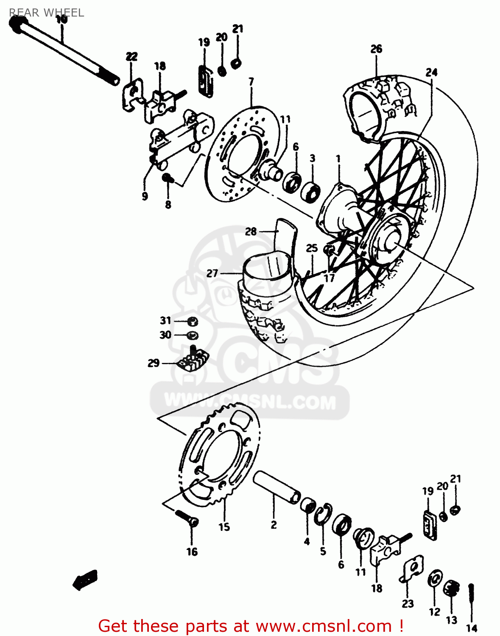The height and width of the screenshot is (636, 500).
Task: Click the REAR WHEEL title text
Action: tap(47, 13)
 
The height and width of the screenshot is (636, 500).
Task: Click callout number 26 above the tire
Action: tap(376, 49)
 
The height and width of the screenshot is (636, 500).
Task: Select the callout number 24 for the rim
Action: tap(431, 73)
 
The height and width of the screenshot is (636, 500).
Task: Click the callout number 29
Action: tap(154, 363)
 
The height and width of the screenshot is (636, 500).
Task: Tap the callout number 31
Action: tap(165, 321)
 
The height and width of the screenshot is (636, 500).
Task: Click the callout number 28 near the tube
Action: tap(251, 232)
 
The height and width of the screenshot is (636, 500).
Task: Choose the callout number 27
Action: tap(212, 273)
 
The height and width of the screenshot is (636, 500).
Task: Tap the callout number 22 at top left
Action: tap(131, 56)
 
